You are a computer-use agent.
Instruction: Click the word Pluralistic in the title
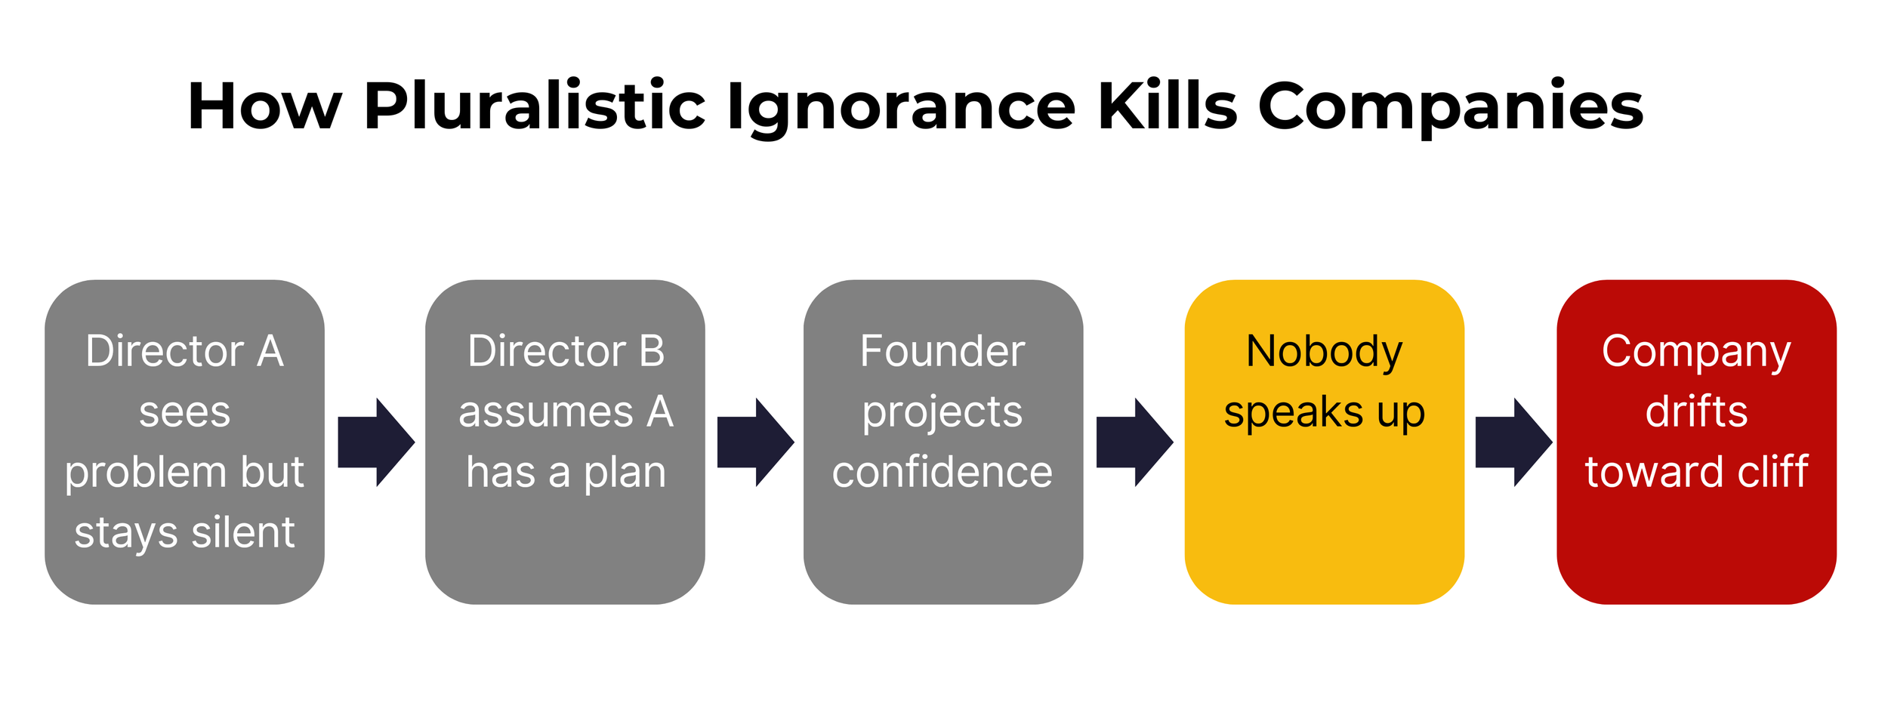pyautogui.click(x=534, y=106)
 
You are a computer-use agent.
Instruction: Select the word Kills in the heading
pyautogui.click(x=1168, y=106)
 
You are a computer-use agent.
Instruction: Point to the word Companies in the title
pyautogui.click(x=1450, y=106)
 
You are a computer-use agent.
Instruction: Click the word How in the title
pyautogui.click(x=264, y=106)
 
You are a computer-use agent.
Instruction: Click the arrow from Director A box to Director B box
pyautogui.click(x=376, y=442)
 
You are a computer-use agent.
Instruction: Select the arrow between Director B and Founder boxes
pyautogui.click(x=755, y=442)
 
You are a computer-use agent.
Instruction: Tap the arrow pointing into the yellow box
pyautogui.click(x=1134, y=442)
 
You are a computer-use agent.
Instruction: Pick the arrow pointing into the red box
pyautogui.click(x=1513, y=442)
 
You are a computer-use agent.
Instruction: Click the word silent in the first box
pyautogui.click(x=243, y=532)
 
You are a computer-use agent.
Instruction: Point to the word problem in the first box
pyautogui.click(x=146, y=473)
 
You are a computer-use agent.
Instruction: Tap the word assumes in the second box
pyautogui.click(x=545, y=412)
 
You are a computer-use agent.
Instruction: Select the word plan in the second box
pyautogui.click(x=625, y=473)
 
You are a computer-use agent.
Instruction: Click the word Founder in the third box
pyautogui.click(x=942, y=351)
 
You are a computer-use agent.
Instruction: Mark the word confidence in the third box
pyautogui.click(x=942, y=473)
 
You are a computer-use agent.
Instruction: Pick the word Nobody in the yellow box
pyautogui.click(x=1324, y=351)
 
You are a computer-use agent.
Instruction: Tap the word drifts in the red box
pyautogui.click(x=1696, y=412)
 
